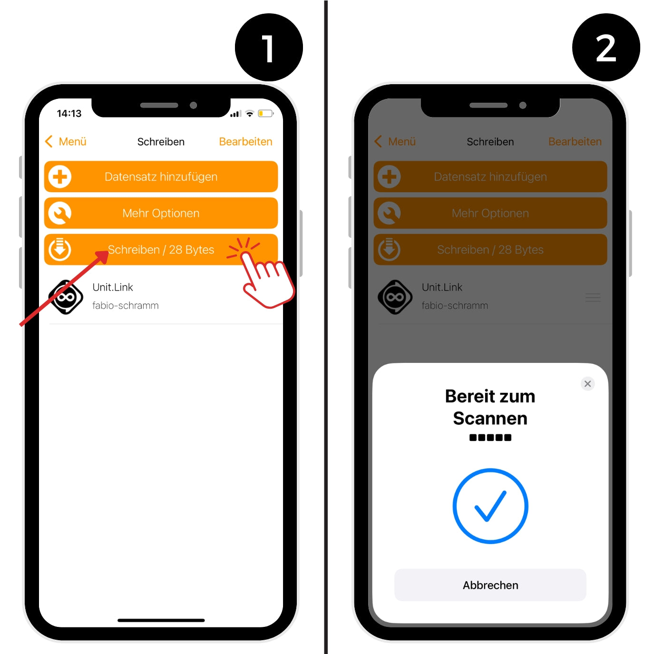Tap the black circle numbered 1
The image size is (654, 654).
tap(268, 48)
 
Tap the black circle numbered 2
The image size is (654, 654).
tap(606, 48)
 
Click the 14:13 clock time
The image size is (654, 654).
tap(69, 113)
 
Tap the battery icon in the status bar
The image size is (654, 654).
tap(266, 113)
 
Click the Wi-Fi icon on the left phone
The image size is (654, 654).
tap(249, 114)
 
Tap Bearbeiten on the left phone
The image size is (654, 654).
tap(245, 142)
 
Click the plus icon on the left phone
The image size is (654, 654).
tap(60, 177)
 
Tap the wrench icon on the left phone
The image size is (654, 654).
tap(60, 213)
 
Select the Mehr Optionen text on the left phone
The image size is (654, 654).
tap(161, 213)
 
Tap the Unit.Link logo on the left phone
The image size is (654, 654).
tap(66, 297)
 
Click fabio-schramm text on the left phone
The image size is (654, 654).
tap(125, 305)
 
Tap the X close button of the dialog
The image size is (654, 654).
tap(587, 383)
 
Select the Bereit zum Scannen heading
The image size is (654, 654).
tap(490, 407)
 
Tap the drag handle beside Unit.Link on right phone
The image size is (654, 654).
tap(593, 298)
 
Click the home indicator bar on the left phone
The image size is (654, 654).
tap(161, 620)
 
